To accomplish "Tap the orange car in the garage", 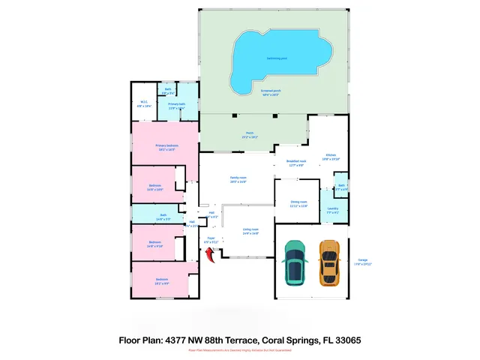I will tap(328, 262).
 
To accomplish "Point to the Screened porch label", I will tap(270, 92).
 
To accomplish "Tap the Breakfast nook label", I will tap(297, 163).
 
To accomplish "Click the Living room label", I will tap(250, 231).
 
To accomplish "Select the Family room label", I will tap(238, 178).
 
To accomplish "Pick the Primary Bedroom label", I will tap(166, 147).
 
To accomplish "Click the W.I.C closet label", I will tap(144, 104).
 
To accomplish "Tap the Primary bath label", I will tap(177, 106).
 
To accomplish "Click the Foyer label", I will tap(211, 241).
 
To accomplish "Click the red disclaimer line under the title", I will tap(240, 350).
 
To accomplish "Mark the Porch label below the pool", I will tap(249, 135).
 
